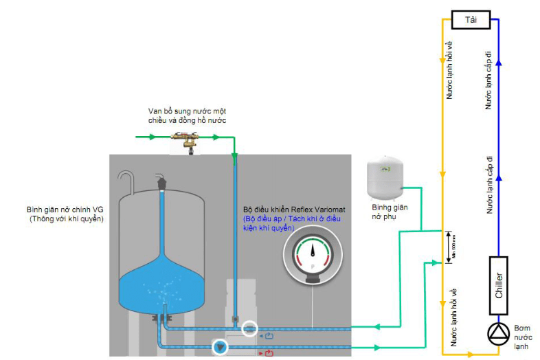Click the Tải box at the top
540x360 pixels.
[x=471, y=20]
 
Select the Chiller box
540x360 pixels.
[x=499, y=280]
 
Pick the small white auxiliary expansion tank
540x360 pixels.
[x=388, y=178]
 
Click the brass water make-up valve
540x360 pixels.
[x=188, y=140]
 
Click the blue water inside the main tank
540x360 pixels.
[x=162, y=283]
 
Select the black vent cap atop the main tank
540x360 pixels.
[x=163, y=183]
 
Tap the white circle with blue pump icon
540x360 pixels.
[x=220, y=348]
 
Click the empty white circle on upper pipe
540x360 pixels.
[x=251, y=328]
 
